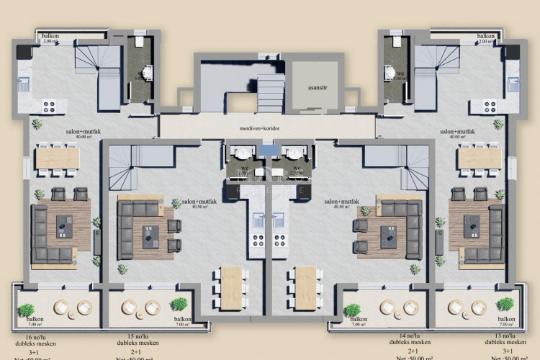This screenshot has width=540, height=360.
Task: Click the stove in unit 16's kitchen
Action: [x=50, y=106]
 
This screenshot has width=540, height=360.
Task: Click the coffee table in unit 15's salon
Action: [x=152, y=235]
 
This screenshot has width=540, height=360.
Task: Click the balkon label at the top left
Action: [x=50, y=35]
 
